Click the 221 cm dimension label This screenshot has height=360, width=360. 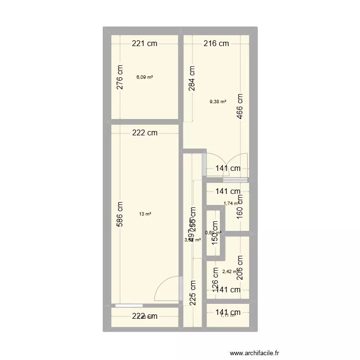(145, 44)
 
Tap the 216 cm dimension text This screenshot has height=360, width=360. (216, 44)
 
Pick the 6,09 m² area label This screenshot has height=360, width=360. (144, 77)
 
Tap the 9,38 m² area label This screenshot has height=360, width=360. (217, 101)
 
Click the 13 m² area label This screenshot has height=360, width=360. (145, 214)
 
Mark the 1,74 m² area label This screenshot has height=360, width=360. (231, 203)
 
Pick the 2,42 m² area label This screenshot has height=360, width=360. (229, 272)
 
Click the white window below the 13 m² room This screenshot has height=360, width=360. (129, 305)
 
